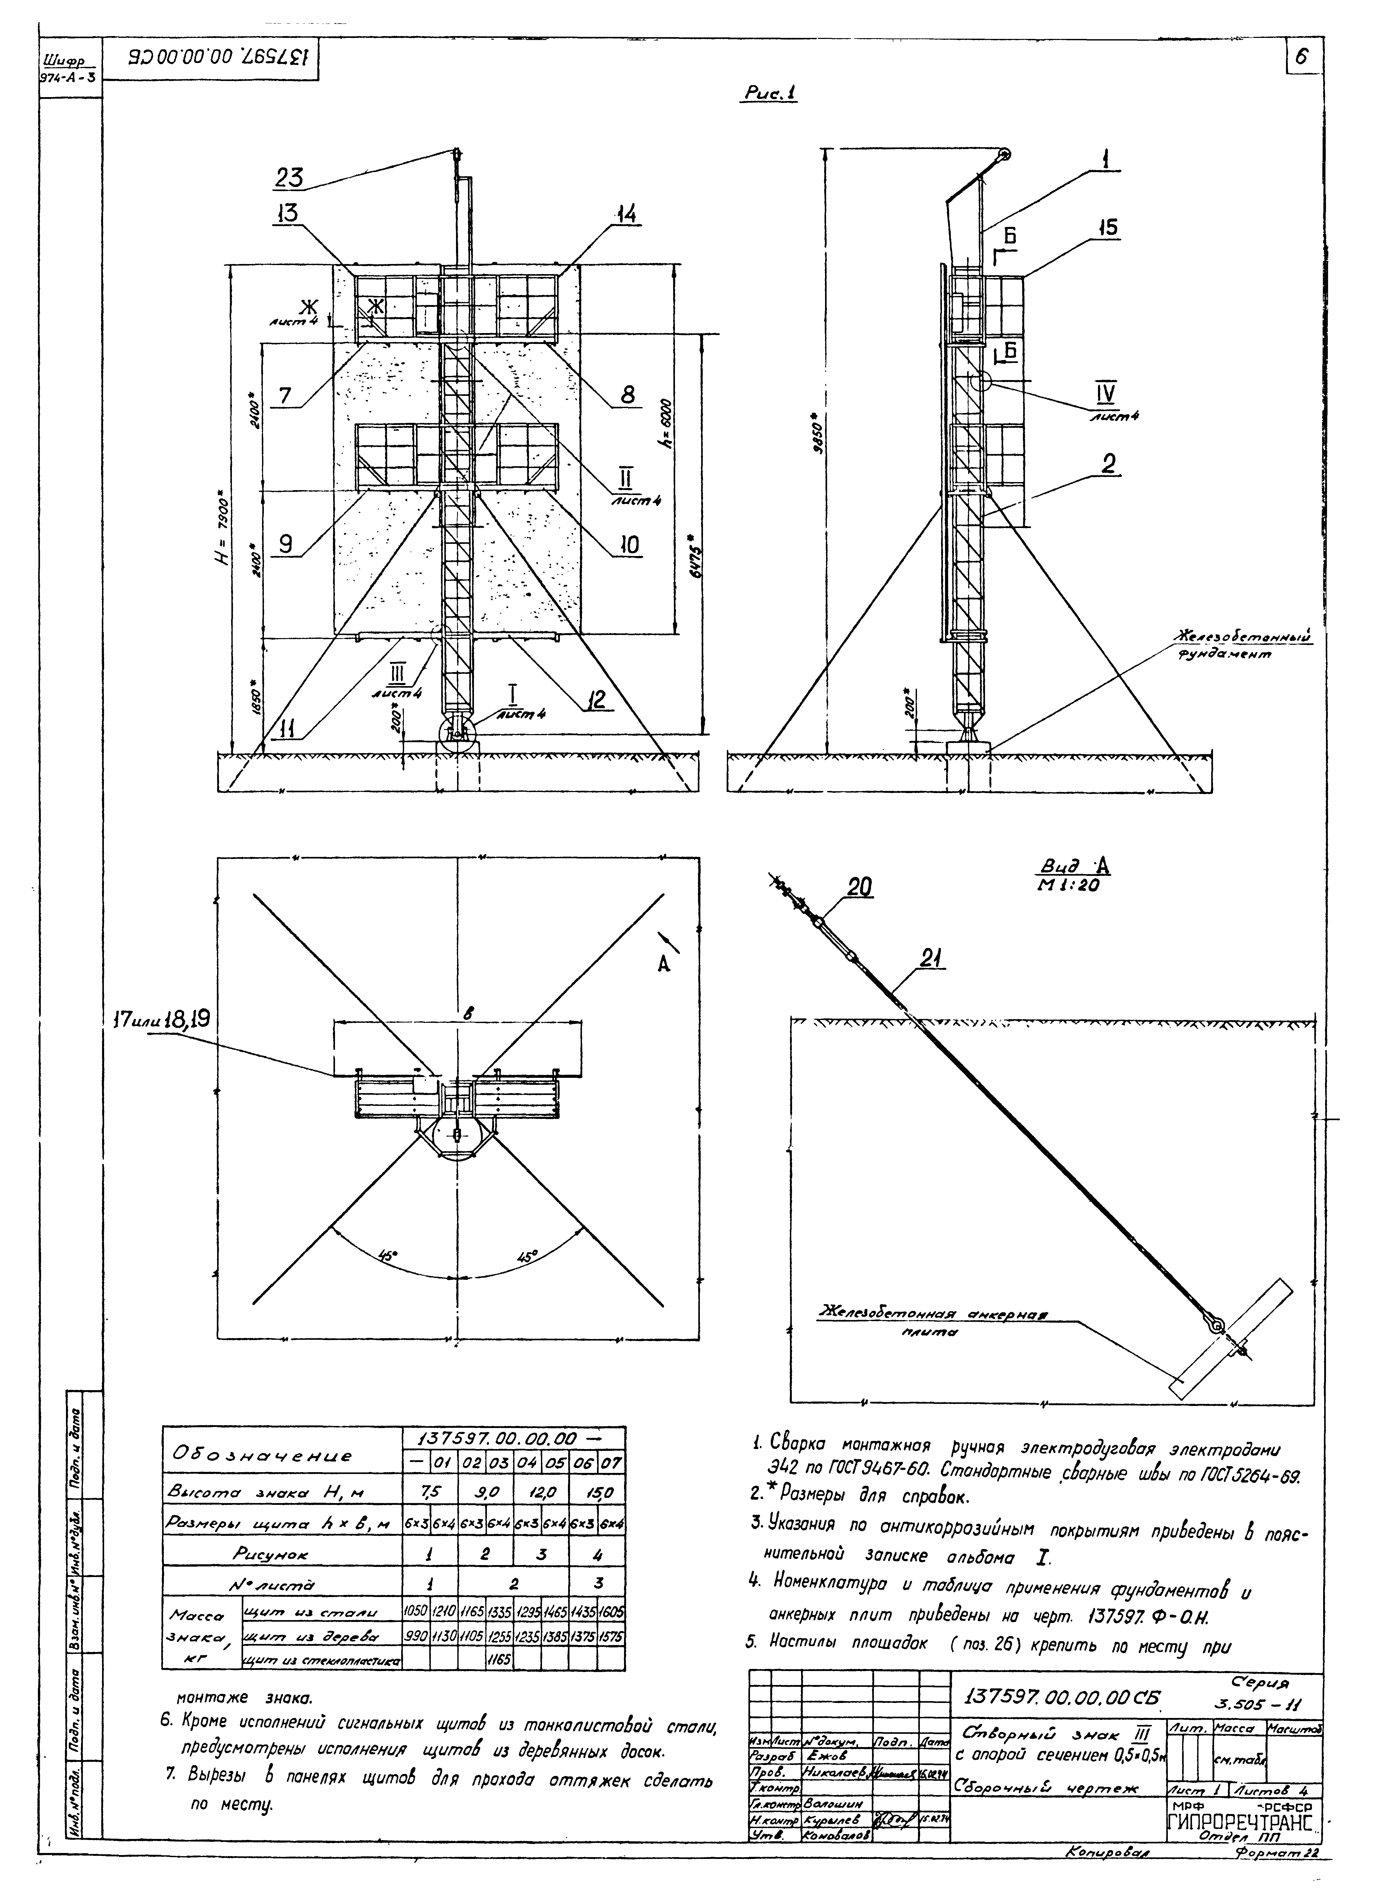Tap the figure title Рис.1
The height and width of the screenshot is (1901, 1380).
pos(768,94)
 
